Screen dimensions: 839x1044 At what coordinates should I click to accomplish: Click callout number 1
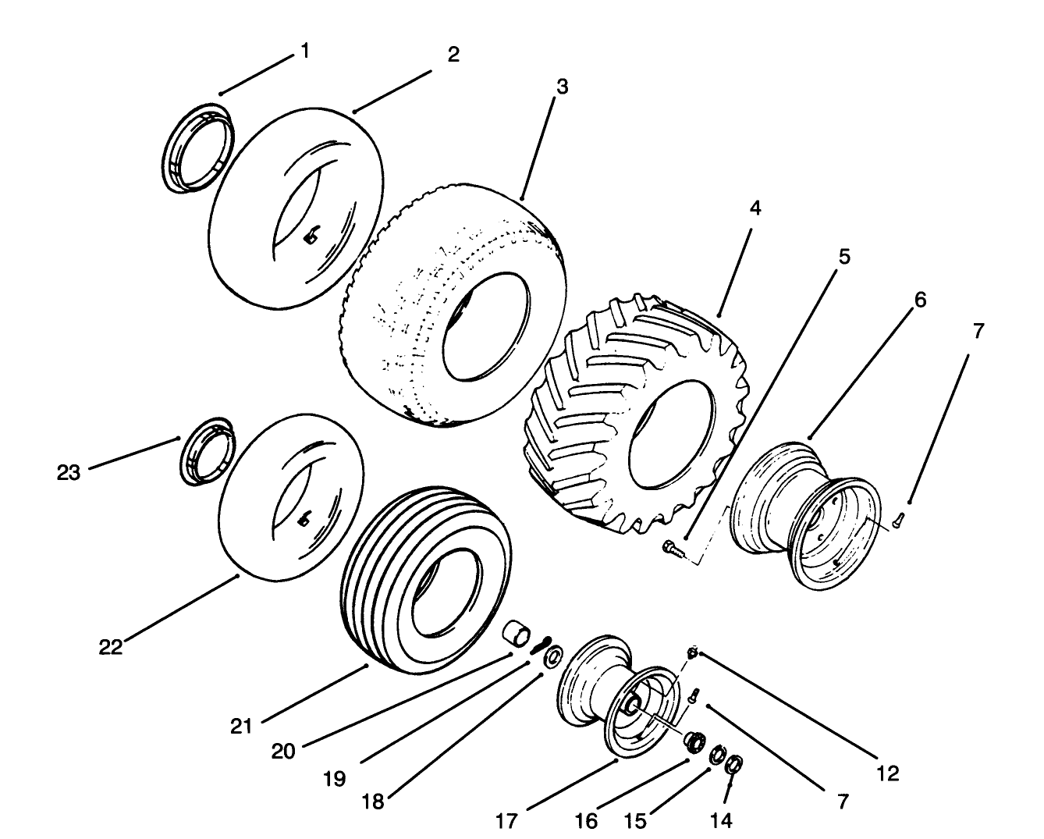(304, 52)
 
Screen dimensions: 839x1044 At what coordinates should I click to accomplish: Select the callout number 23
(69, 472)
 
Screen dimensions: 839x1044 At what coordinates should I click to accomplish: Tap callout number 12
(887, 773)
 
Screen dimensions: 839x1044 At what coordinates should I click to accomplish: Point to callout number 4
(755, 208)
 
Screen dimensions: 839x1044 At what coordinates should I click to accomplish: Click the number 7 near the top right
(978, 331)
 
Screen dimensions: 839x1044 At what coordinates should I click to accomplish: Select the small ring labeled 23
(208, 453)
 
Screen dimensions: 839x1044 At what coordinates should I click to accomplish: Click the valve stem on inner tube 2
(311, 235)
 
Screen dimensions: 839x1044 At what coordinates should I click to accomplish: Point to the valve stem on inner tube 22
(306, 518)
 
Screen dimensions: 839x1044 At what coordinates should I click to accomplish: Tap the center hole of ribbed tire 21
(442, 591)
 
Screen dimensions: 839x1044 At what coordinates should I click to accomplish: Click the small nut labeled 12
(691, 652)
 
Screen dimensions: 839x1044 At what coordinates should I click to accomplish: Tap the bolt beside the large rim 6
(897, 517)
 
